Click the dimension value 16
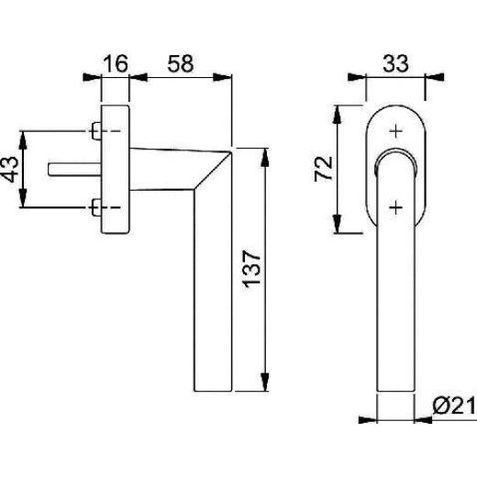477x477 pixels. pyautogui.click(x=116, y=63)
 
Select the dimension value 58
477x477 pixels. pyautogui.click(x=181, y=63)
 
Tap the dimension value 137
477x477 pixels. pyautogui.click(x=251, y=269)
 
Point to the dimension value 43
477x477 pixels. pyautogui.click(x=10, y=169)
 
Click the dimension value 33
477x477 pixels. pyautogui.click(x=395, y=63)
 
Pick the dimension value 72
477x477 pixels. pyautogui.click(x=324, y=169)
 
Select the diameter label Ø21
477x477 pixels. pyautogui.click(x=454, y=406)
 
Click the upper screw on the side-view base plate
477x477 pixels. pyautogui.click(x=96, y=131)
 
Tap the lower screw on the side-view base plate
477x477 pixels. pyautogui.click(x=96, y=207)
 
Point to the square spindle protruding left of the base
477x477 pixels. pyautogui.click(x=74, y=170)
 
